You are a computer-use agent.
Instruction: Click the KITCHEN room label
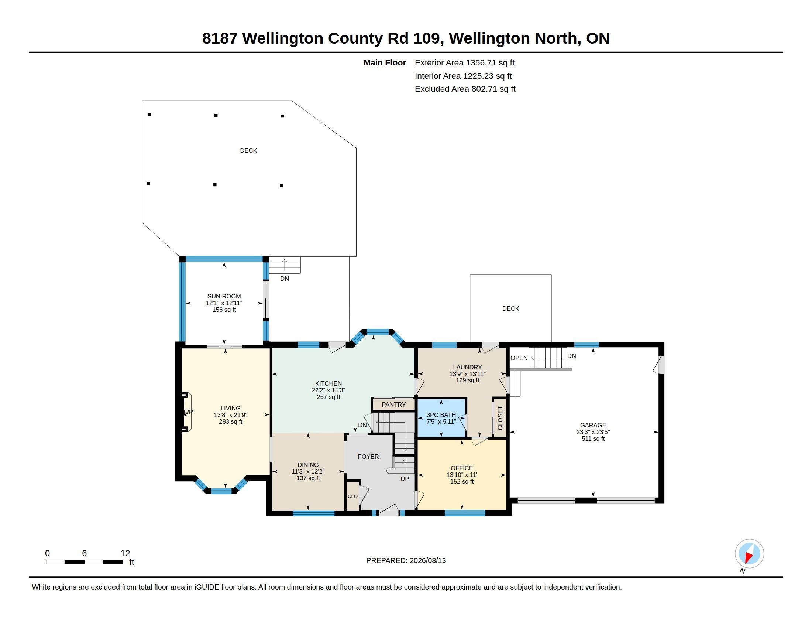click(x=328, y=383)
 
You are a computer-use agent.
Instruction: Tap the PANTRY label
click(x=393, y=405)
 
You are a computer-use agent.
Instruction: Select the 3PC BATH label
click(x=441, y=415)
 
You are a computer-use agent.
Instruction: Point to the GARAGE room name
click(x=593, y=425)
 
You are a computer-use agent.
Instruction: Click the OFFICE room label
click(x=462, y=468)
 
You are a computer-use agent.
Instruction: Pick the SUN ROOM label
click(x=224, y=297)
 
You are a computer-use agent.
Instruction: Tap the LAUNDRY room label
click(x=467, y=367)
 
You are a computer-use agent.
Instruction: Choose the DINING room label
click(x=308, y=465)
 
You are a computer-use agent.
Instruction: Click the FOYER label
click(x=368, y=457)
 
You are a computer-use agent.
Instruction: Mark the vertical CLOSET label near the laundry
click(x=500, y=418)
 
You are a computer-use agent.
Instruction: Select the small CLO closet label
click(x=352, y=496)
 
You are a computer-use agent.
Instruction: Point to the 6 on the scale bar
click(x=85, y=553)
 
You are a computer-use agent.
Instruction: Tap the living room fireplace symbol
click(x=186, y=412)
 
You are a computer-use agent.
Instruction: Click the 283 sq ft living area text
click(x=231, y=422)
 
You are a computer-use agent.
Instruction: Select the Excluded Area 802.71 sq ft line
click(x=465, y=89)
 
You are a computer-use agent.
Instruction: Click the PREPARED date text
click(x=406, y=560)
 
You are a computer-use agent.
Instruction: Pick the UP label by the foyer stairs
click(x=405, y=479)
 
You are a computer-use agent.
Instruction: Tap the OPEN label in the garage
click(x=519, y=358)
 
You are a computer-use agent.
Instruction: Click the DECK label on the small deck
click(x=510, y=308)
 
